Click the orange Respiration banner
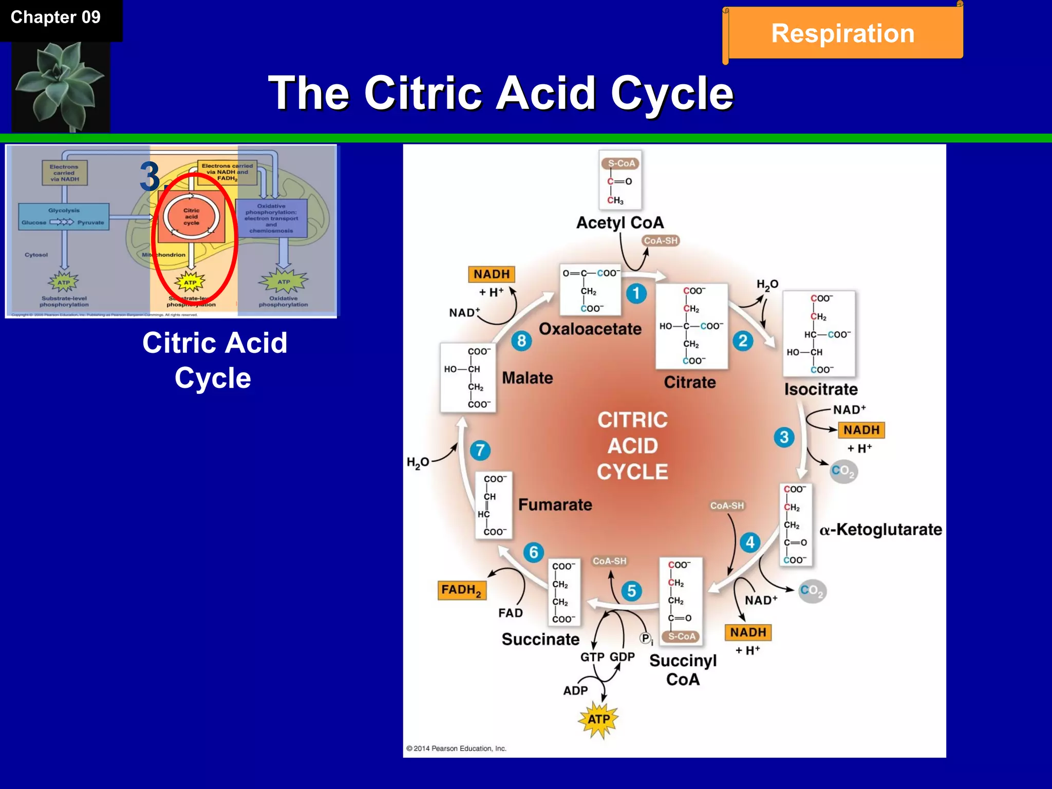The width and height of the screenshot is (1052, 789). [843, 33]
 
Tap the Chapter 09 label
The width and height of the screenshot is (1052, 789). [56, 17]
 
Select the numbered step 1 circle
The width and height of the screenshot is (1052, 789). [636, 293]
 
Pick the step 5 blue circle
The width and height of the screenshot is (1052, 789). [631, 591]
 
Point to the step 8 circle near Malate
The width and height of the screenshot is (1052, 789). [521, 341]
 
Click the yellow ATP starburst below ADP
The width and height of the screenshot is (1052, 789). [598, 719]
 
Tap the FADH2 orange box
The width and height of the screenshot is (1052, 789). [461, 590]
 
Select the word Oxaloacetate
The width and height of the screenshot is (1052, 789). [590, 329]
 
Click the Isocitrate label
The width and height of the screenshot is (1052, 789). [820, 389]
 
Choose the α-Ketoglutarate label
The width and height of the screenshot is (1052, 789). [880, 530]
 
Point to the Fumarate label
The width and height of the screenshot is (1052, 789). [555, 505]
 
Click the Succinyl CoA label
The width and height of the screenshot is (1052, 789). [683, 670]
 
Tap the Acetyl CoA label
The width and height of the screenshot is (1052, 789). [620, 223]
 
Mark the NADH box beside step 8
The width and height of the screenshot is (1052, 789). [491, 274]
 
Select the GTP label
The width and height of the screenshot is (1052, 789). [592, 657]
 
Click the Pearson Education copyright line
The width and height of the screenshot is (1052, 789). [456, 748]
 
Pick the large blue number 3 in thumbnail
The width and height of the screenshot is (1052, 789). [150, 177]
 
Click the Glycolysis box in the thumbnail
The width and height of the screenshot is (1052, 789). [64, 217]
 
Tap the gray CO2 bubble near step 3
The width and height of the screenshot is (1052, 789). [843, 471]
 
